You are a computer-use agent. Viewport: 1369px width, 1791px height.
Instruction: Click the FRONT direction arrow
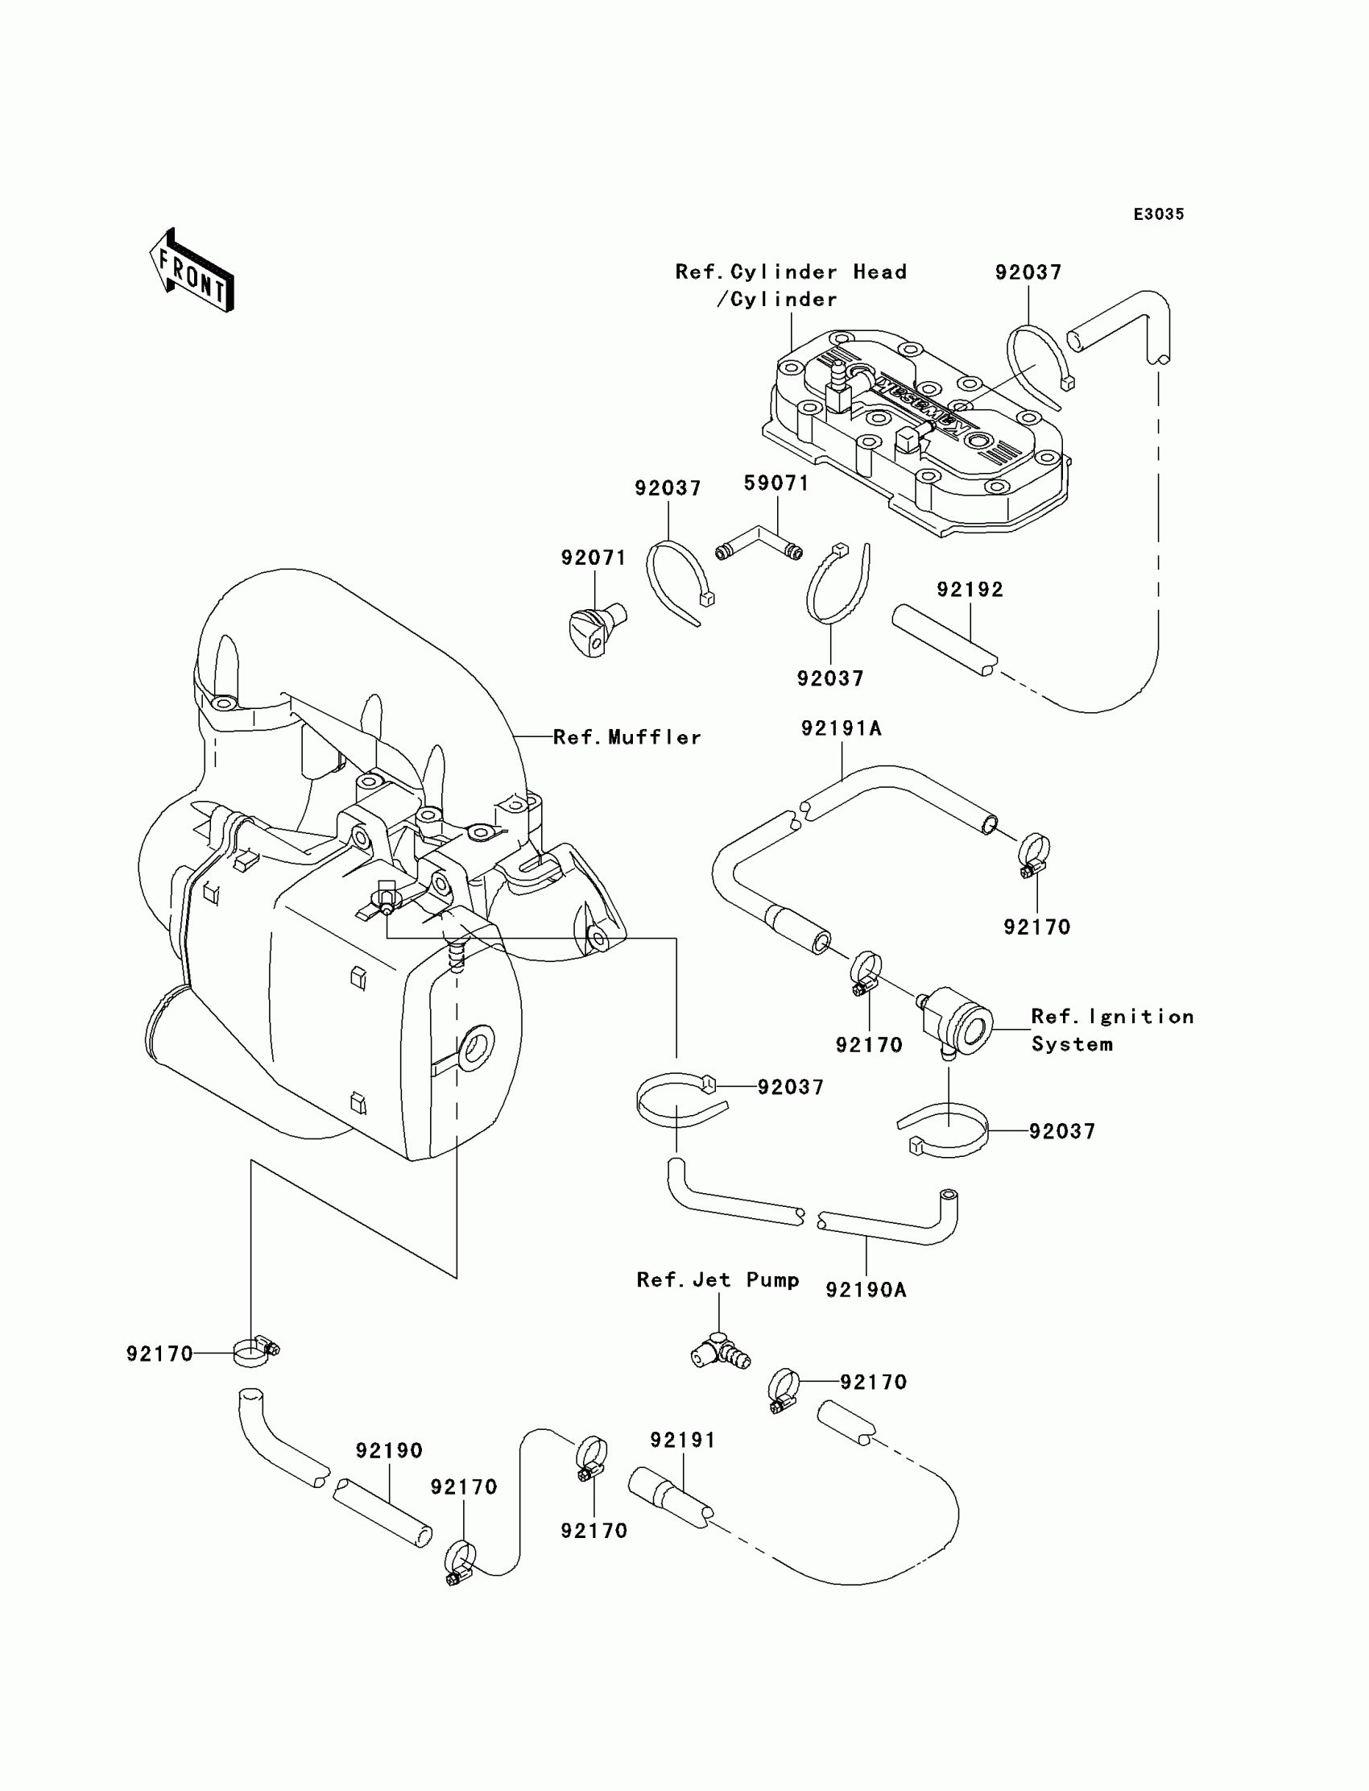pyautogui.click(x=192, y=272)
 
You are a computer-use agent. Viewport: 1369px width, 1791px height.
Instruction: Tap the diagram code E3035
pyautogui.click(x=1159, y=214)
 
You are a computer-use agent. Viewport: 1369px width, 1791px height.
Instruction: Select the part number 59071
pyautogui.click(x=776, y=483)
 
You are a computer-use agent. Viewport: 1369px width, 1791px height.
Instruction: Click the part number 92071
pyautogui.click(x=594, y=558)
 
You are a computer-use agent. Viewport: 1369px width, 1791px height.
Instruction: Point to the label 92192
pyautogui.click(x=970, y=590)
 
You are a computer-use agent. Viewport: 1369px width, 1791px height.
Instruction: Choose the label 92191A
pyautogui.click(x=841, y=729)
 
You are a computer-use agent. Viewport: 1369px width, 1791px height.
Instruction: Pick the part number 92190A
pyautogui.click(x=866, y=1291)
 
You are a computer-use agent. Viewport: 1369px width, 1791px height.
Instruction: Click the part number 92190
pyautogui.click(x=389, y=1451)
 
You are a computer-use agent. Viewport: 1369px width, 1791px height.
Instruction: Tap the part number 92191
pyautogui.click(x=683, y=1441)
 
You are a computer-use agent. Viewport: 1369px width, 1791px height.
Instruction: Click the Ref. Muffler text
pyautogui.click(x=627, y=738)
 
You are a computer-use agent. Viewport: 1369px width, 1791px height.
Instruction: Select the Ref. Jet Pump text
pyautogui.click(x=718, y=1281)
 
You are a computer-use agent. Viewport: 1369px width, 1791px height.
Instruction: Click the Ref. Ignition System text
pyautogui.click(x=1111, y=1030)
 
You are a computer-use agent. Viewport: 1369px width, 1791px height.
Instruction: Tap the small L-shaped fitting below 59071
pyautogui.click(x=759, y=544)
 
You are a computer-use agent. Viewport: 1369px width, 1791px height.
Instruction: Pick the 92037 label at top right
pyautogui.click(x=1028, y=273)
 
